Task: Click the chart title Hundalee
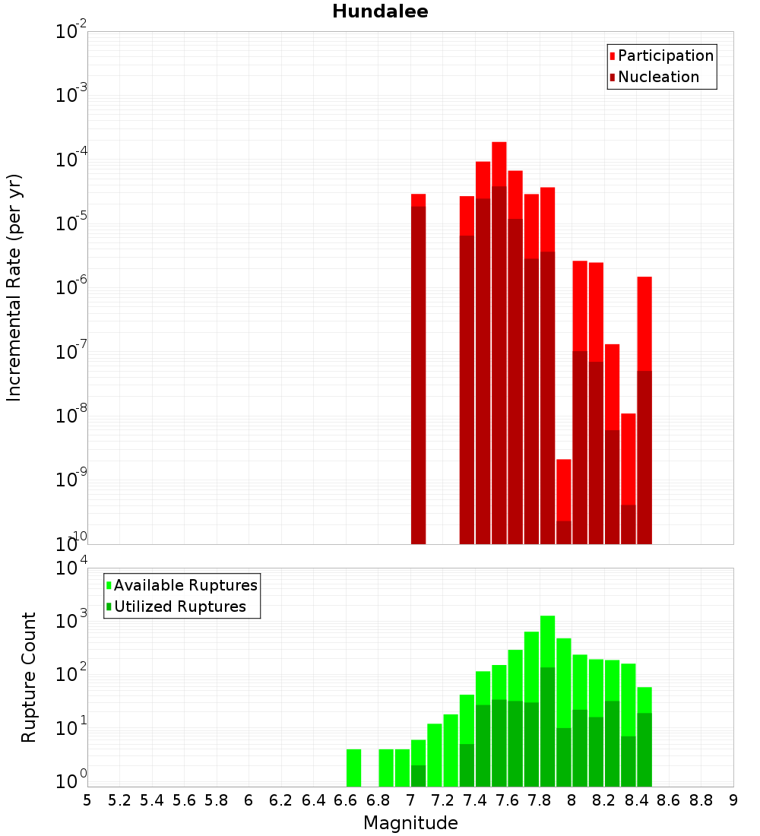click(380, 11)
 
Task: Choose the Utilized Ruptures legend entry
click(179, 606)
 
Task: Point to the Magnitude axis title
click(410, 823)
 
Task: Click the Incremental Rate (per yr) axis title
click(14, 287)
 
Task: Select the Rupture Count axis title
click(29, 676)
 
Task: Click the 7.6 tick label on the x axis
click(507, 800)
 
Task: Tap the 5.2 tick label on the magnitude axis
click(119, 800)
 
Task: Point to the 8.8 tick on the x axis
click(701, 800)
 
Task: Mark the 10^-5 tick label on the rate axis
click(71, 224)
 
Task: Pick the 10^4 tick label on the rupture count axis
click(71, 568)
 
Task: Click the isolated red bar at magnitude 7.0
click(418, 365)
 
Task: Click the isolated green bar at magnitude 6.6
click(353, 768)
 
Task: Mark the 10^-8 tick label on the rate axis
click(71, 416)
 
